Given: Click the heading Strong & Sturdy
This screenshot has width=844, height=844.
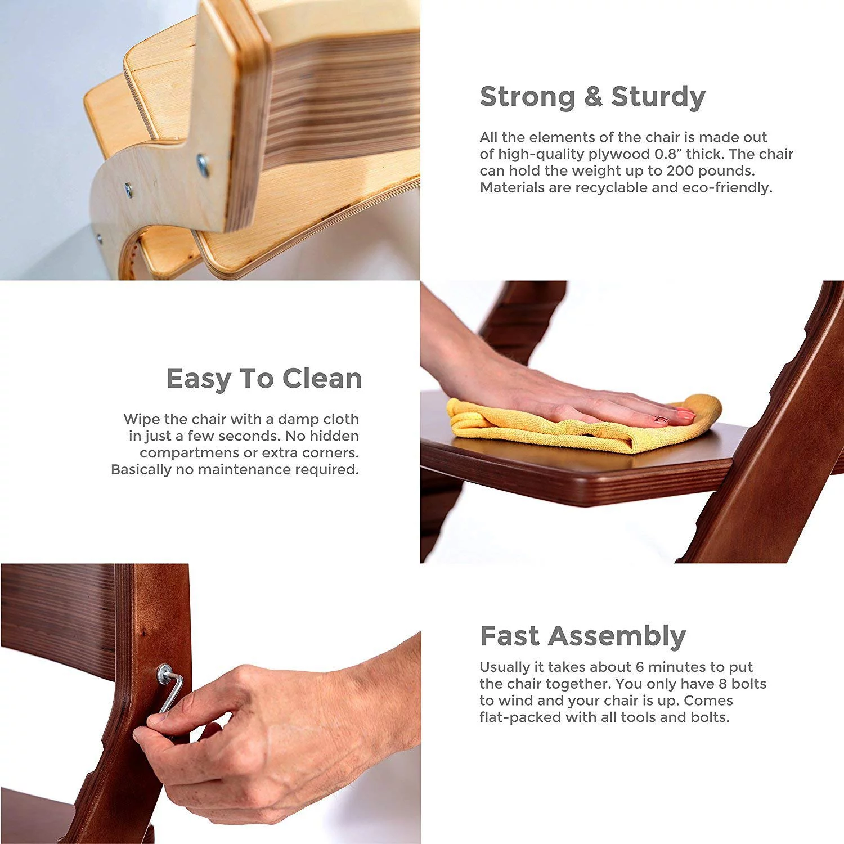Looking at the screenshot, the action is [592, 97].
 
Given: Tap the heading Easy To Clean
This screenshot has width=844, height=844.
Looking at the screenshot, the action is [264, 379].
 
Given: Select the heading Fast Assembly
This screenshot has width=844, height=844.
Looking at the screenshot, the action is [583, 636].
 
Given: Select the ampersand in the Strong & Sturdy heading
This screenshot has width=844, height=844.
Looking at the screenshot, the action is [593, 97].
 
